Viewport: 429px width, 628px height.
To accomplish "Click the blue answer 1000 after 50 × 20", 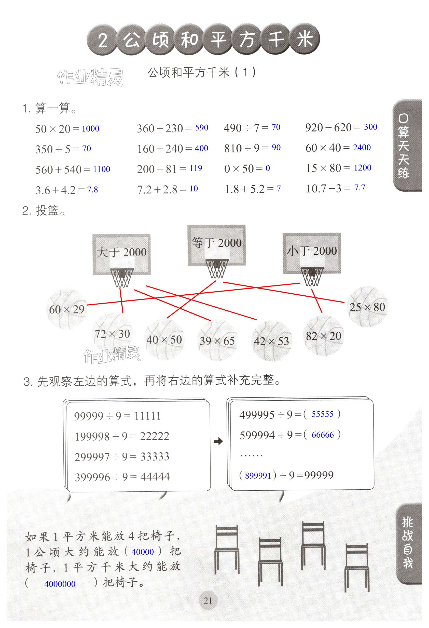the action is (90, 129).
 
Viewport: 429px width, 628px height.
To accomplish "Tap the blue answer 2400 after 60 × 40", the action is (362, 148).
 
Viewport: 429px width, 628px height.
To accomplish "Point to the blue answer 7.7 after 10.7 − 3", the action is (359, 188).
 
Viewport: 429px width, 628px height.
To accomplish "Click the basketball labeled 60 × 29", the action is (67, 309).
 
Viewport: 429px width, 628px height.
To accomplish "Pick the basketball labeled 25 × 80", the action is (367, 307).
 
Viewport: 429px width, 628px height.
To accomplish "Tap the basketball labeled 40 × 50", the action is (164, 339).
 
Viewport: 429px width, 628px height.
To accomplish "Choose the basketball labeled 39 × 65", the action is (217, 341).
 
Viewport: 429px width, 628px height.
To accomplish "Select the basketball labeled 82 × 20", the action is (323, 336).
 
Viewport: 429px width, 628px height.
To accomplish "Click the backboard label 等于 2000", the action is (216, 243).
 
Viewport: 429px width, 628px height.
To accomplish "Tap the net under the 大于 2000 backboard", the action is (122, 278).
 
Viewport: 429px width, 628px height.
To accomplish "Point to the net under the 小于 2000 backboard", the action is (312, 277).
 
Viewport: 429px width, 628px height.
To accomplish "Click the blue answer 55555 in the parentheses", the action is (322, 414).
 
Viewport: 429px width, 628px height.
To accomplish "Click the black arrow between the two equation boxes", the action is (218, 441).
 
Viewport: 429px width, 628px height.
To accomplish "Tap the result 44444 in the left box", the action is (155, 477).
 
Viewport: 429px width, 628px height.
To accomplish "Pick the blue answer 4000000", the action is (60, 584).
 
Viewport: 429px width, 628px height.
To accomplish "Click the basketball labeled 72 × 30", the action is (112, 334).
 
